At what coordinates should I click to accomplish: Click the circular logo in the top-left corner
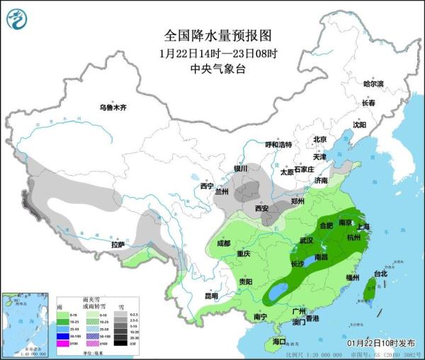[16, 17]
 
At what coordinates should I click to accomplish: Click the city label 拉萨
[118, 244]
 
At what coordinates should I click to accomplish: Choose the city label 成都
[223, 243]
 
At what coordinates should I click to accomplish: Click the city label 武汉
[306, 241]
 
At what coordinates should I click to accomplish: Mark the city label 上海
[363, 227]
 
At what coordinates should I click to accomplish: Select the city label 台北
[380, 274]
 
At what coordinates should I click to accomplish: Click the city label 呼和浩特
[278, 145]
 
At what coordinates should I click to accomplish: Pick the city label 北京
[319, 140]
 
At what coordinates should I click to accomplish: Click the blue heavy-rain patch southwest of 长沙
[278, 289]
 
